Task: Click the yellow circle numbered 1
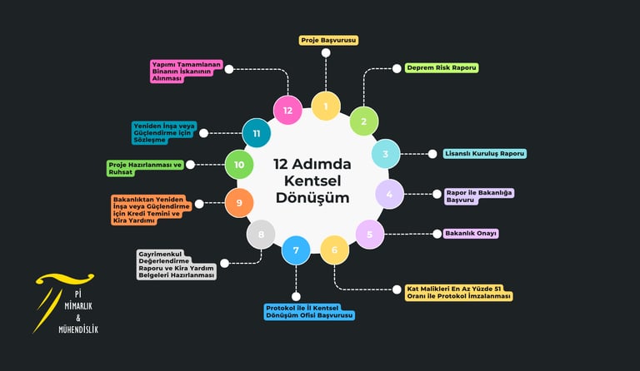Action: tap(325, 106)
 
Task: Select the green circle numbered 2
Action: tap(363, 121)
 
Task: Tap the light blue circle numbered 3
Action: tap(386, 154)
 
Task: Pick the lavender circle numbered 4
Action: tap(389, 194)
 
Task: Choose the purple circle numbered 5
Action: tap(370, 234)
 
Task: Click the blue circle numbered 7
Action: tap(296, 250)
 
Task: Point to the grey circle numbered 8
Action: tap(261, 235)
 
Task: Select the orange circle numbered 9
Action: tap(239, 203)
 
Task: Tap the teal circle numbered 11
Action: tap(257, 133)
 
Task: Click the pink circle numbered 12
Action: tap(287, 110)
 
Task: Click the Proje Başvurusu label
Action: tap(328, 40)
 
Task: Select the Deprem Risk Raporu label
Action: tap(442, 67)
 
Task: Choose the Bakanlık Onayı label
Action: tap(471, 234)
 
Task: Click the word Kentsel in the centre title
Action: tap(312, 181)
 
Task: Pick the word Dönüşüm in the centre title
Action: tap(312, 198)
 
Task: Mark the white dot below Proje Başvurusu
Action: tap(326, 53)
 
